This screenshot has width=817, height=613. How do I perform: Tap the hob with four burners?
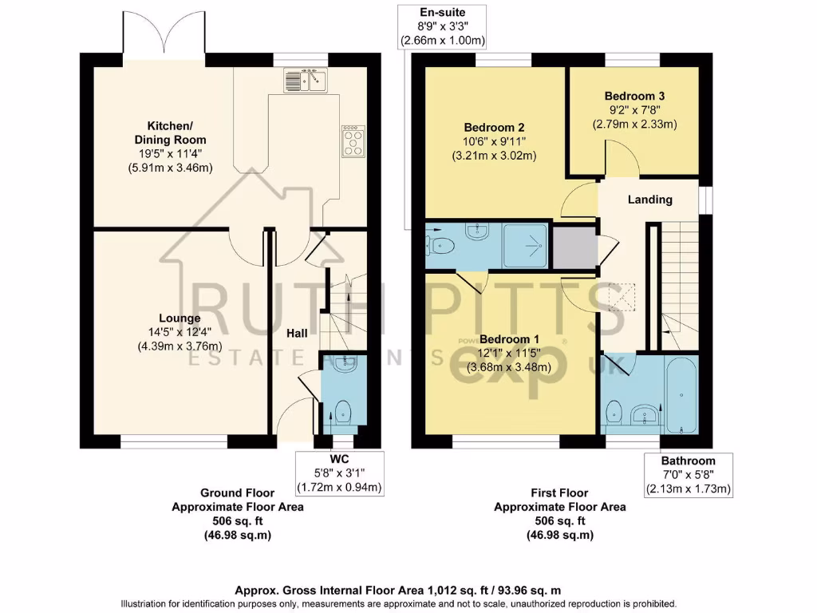point(352,141)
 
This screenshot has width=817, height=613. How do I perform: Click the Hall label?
point(298,333)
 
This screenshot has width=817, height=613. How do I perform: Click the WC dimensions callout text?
point(339,473)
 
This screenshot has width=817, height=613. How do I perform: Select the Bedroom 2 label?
point(494,127)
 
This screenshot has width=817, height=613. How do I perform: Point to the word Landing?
point(649,200)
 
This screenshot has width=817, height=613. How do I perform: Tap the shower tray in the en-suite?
point(526,244)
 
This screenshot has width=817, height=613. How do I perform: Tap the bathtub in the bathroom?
point(680,395)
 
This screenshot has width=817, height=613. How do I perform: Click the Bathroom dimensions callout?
point(688,475)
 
